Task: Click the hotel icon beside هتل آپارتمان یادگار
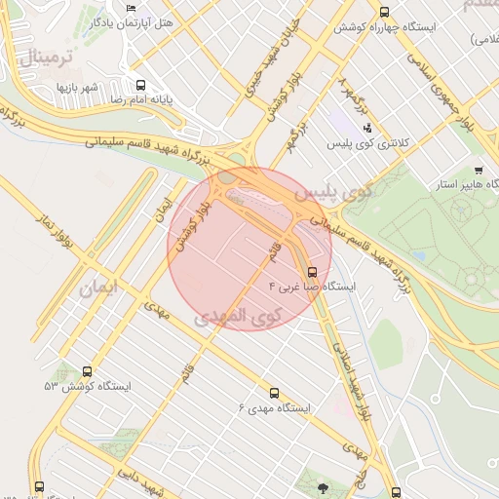click(x=131, y=9)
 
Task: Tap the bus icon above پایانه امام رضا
click(x=142, y=85)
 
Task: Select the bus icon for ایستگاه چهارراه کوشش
click(x=384, y=13)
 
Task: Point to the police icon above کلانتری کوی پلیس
click(x=366, y=128)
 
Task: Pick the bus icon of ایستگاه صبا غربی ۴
click(x=312, y=272)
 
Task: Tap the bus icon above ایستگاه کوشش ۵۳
click(x=88, y=371)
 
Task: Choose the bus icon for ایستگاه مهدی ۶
click(x=273, y=393)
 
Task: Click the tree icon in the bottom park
click(x=323, y=484)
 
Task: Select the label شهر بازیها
click(x=77, y=87)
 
